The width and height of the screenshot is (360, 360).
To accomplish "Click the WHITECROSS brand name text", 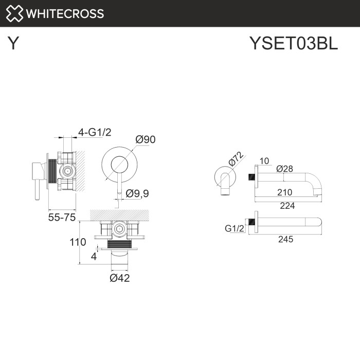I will point(65,13).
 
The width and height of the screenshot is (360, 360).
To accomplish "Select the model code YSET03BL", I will point(293,44).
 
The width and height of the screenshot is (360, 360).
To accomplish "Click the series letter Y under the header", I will point(14,44).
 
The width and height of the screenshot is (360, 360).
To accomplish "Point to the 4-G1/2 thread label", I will point(95,132).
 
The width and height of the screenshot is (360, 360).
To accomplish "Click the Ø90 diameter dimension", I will point(145,139).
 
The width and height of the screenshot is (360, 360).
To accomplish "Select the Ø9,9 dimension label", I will point(137,193).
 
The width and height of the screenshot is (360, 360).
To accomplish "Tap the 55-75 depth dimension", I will point(62,218).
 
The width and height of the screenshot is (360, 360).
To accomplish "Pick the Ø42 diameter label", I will point(119,278).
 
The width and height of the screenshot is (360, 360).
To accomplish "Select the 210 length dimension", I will point(284,192).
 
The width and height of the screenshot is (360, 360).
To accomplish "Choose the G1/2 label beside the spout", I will point(235,228).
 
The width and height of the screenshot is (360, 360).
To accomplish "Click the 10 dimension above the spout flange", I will point(264,161).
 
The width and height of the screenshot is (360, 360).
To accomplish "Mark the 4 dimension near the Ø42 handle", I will point(94,256).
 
